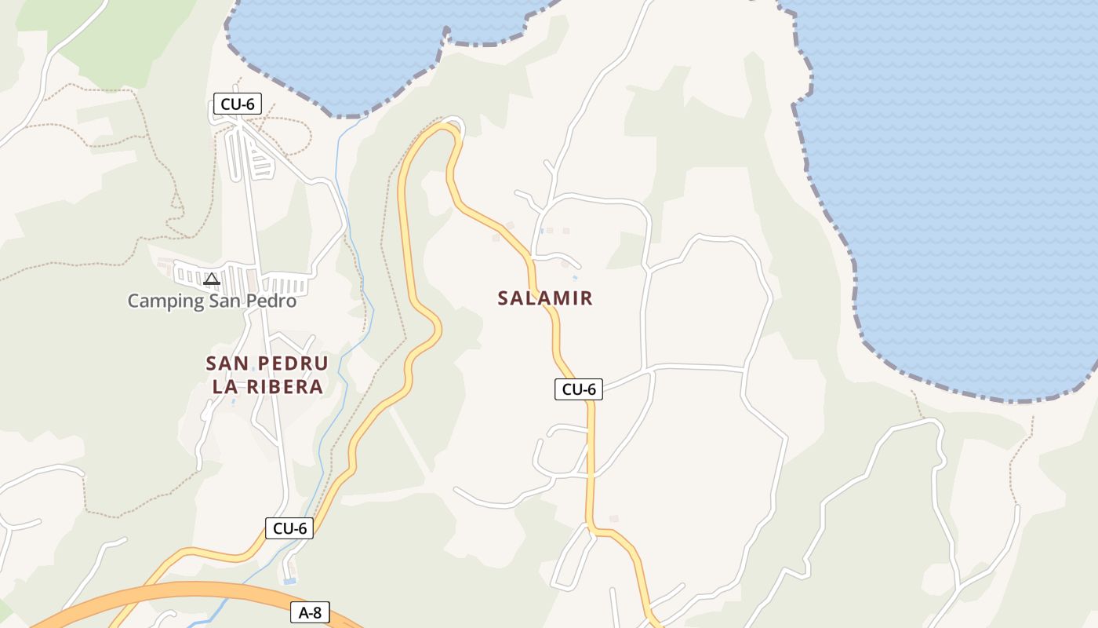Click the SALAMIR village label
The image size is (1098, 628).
pyautogui.click(x=545, y=298)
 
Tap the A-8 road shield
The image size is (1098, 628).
pyautogui.click(x=310, y=613)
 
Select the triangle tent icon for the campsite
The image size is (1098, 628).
pyautogui.click(x=211, y=279)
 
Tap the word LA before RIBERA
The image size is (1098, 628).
pyautogui.click(x=224, y=387)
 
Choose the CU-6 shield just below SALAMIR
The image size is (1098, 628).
pyautogui.click(x=579, y=389)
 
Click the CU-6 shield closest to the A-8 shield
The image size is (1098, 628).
pyautogui.click(x=289, y=528)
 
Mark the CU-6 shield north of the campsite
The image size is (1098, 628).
pyautogui.click(x=238, y=104)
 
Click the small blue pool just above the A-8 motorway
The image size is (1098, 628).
pyautogui.click(x=289, y=581)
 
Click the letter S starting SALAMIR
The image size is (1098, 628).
pyautogui.click(x=503, y=298)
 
